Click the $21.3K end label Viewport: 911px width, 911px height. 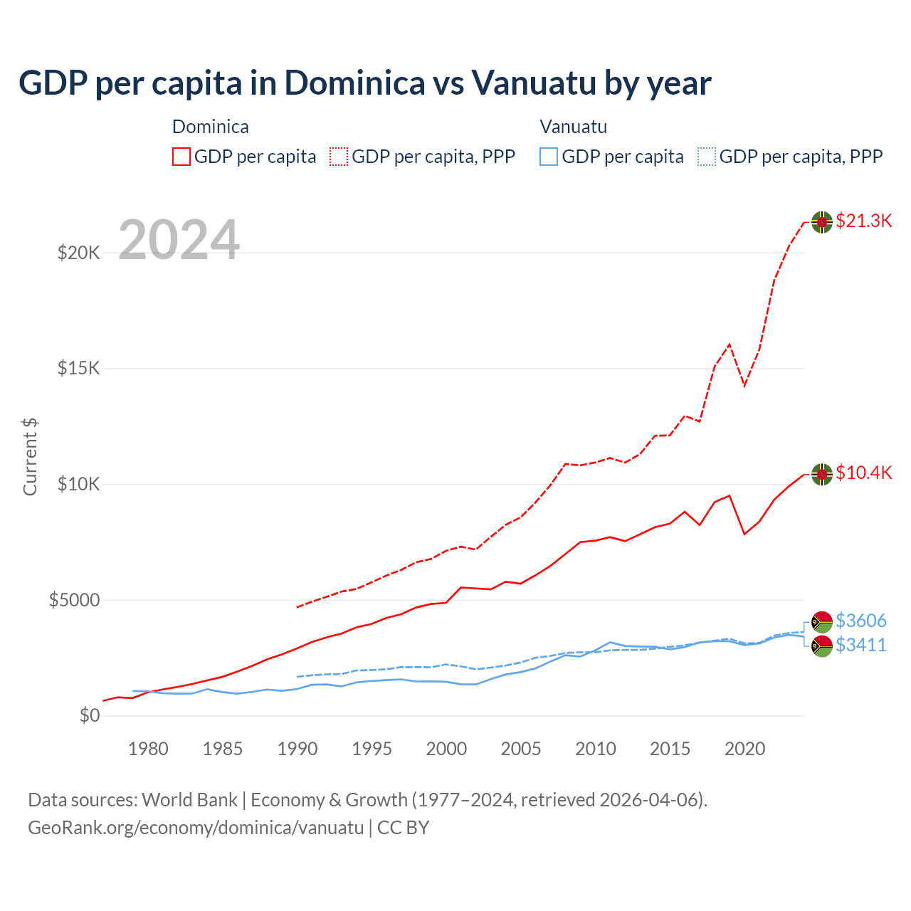(863, 221)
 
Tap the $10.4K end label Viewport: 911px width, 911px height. (863, 473)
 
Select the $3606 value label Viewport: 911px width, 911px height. (861, 621)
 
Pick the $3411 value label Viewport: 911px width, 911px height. (861, 645)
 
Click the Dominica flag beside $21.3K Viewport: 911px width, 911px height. (822, 221)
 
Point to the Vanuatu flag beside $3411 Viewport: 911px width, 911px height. (822, 646)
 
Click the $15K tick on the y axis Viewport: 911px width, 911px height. (79, 368)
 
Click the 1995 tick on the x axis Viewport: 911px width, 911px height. (372, 749)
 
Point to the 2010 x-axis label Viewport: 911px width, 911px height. (595, 749)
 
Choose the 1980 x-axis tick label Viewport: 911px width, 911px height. (148, 749)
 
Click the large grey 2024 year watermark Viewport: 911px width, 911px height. (179, 240)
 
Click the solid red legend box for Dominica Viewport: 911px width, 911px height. (181, 157)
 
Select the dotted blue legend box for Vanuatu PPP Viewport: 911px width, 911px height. (707, 157)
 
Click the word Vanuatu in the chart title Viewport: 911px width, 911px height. (534, 83)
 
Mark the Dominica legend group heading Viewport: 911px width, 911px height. (211, 127)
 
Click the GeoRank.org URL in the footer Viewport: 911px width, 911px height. (196, 828)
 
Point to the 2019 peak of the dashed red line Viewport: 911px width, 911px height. (730, 344)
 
